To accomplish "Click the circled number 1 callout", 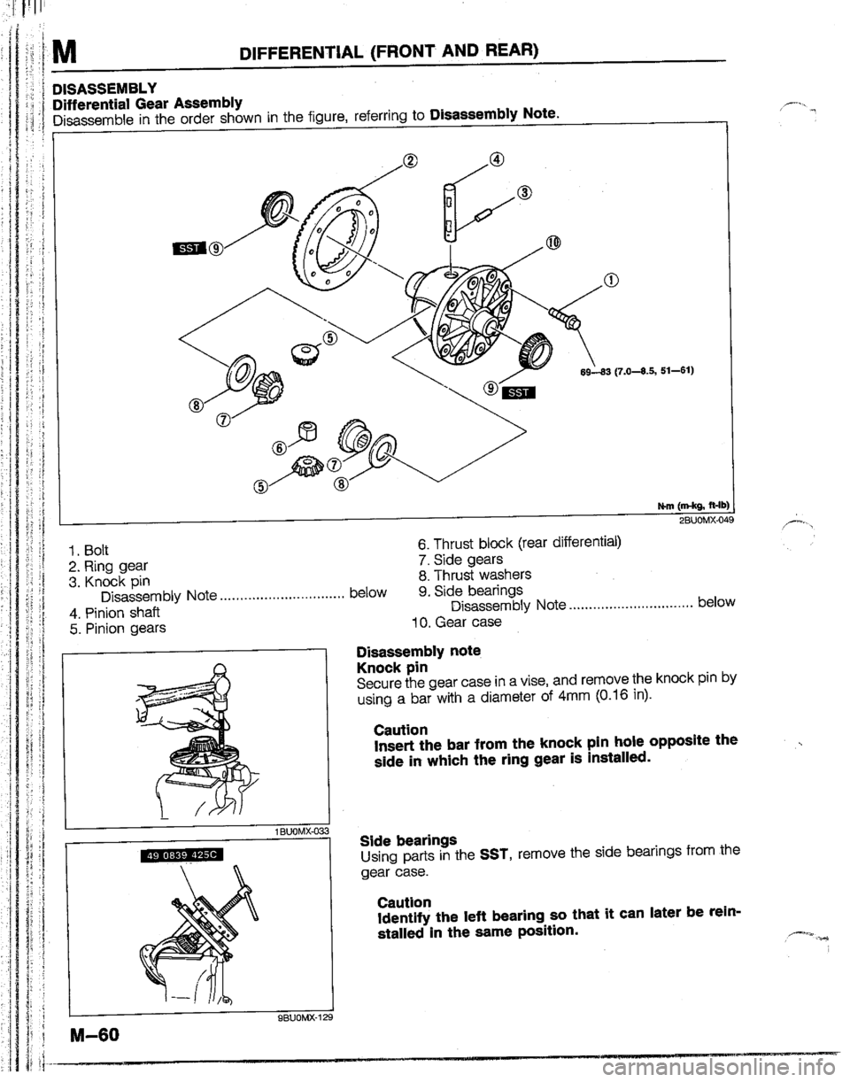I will point(609,282).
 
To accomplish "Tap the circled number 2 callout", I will point(409,160).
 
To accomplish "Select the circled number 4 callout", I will point(498,159).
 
